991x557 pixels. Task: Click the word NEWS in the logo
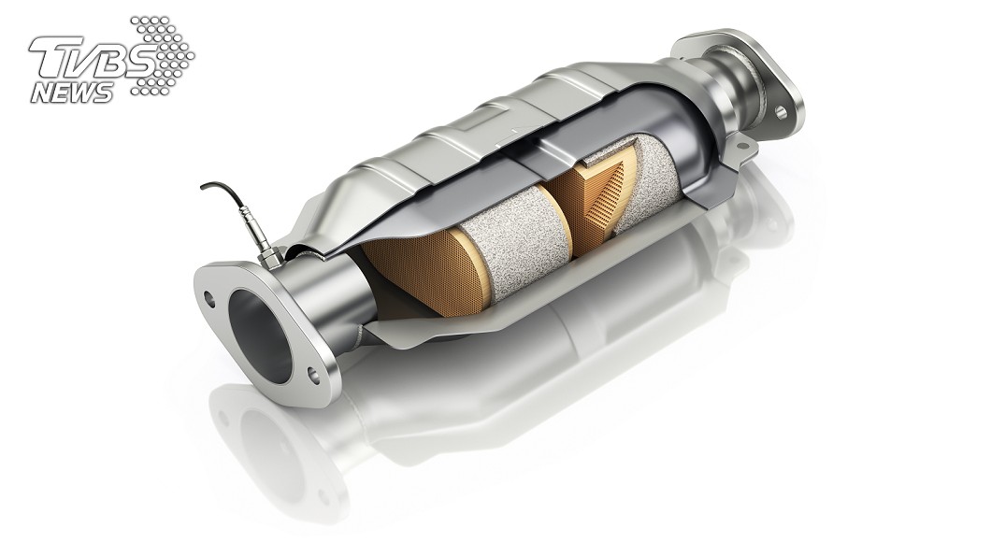click(71, 93)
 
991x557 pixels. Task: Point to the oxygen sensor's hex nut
click(270, 256)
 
